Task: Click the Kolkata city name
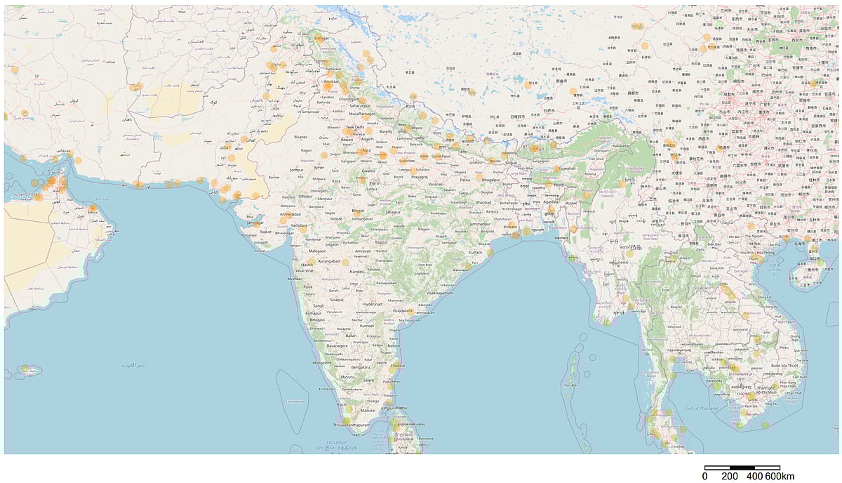pos(510,227)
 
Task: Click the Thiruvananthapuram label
pos(351,425)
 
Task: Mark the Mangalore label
pos(322,362)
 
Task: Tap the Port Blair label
pos(569,384)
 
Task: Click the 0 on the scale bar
pos(705,477)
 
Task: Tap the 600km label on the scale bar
pos(779,477)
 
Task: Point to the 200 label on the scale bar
pos(730,477)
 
